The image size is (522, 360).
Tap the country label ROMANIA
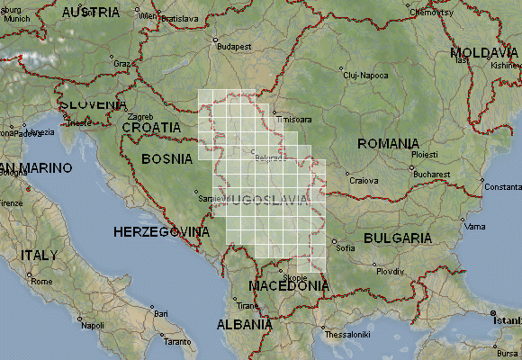(x=388, y=144)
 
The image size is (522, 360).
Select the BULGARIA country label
(x=398, y=238)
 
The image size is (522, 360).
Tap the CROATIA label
(x=152, y=128)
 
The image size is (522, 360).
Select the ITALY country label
(x=39, y=255)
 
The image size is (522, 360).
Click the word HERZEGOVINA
(x=162, y=232)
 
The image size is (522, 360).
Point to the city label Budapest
(x=232, y=46)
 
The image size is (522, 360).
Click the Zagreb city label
(x=141, y=117)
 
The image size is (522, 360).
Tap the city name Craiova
(x=364, y=180)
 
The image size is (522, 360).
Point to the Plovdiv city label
(x=390, y=271)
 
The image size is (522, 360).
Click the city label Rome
(x=42, y=282)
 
